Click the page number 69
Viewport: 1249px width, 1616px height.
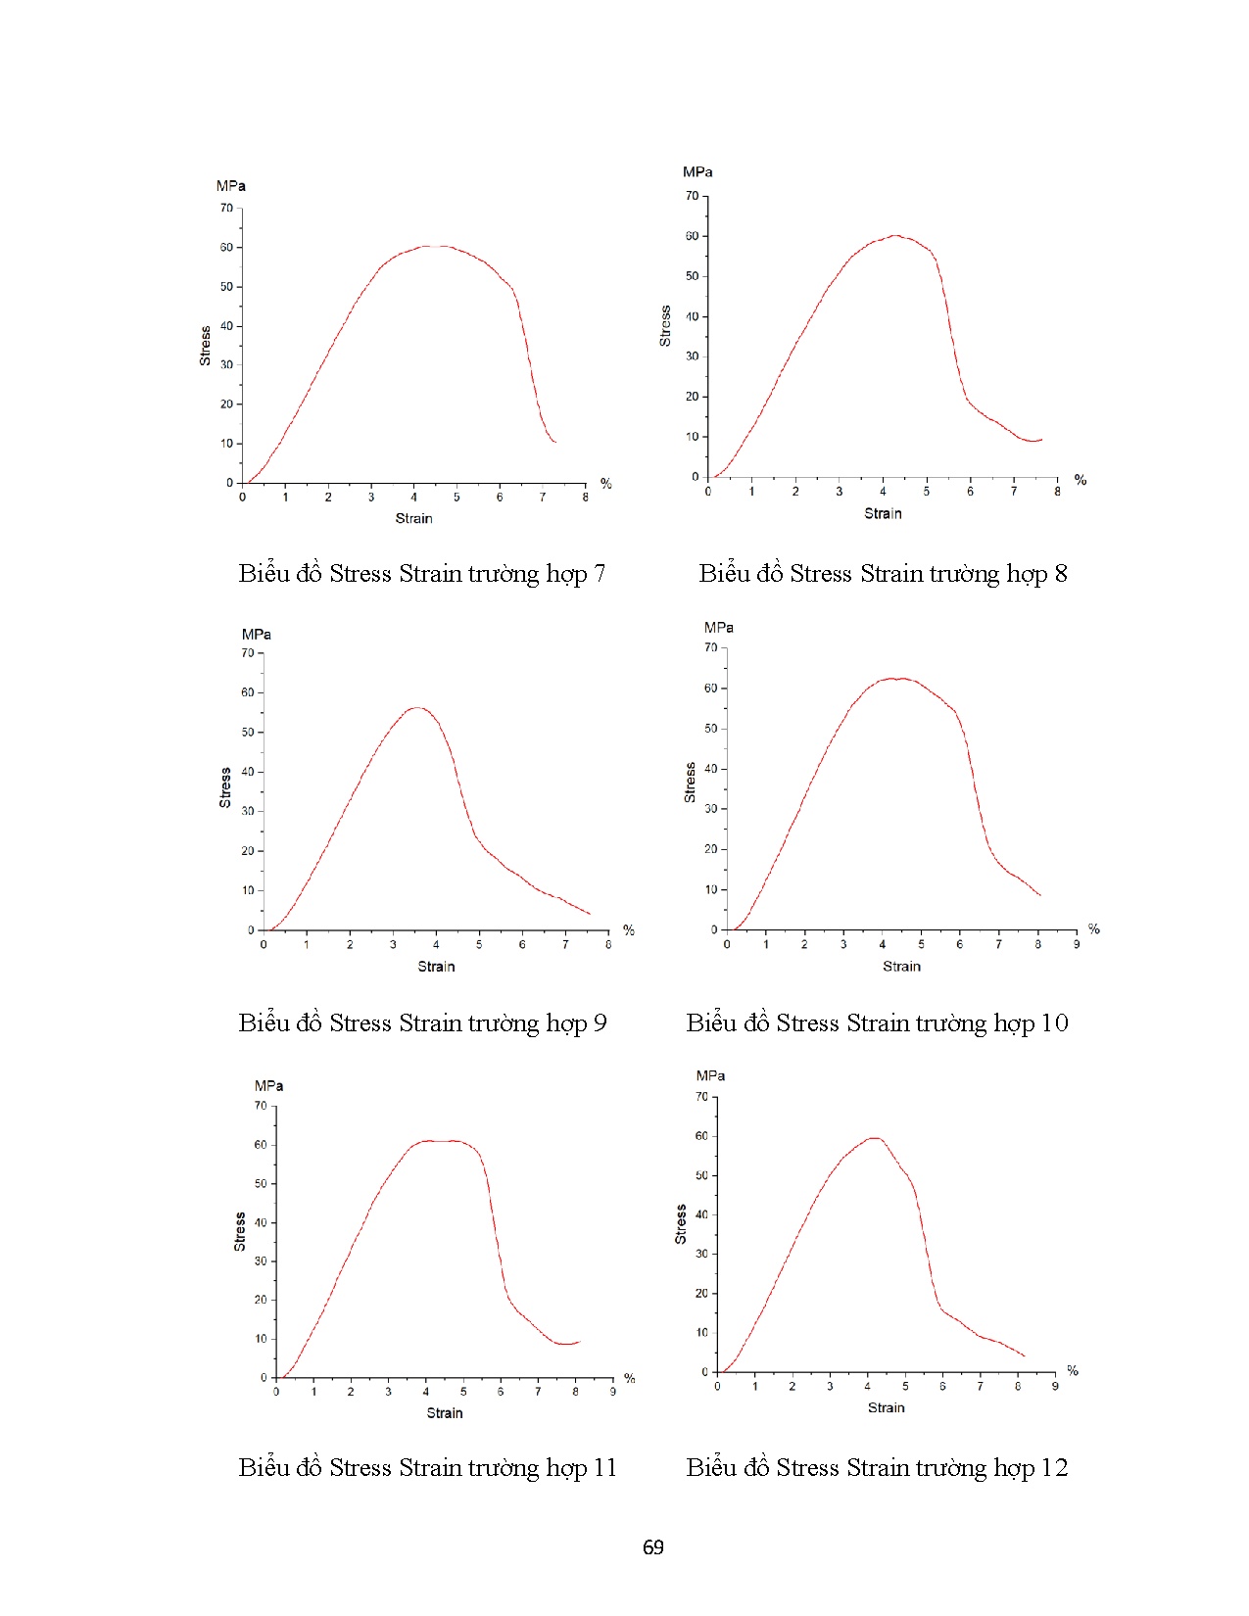(x=652, y=1547)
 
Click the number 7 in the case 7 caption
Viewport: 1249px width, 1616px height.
(x=599, y=574)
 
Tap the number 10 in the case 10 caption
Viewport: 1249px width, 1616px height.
(x=1053, y=1023)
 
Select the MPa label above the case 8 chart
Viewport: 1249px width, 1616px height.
(x=697, y=172)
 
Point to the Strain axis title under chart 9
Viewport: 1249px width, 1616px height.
(x=436, y=967)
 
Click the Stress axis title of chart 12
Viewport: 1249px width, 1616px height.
(x=681, y=1224)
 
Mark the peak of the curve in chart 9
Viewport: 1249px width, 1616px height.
(x=417, y=707)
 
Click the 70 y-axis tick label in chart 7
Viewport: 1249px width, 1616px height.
(x=226, y=209)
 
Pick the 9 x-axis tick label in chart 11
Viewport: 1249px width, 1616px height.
(x=613, y=1392)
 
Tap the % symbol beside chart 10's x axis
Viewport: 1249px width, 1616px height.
(x=1094, y=929)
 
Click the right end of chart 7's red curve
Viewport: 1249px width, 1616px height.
(x=555, y=443)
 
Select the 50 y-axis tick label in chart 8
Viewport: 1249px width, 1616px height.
(x=693, y=276)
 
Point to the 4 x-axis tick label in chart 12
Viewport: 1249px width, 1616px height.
(x=867, y=1387)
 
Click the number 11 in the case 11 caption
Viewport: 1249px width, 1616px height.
(x=603, y=1468)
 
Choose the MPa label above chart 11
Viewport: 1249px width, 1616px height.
(x=268, y=1086)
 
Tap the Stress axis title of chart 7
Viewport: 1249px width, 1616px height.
(x=205, y=346)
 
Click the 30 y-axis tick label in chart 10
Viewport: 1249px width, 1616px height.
(x=711, y=809)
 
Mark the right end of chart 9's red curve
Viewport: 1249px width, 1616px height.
(x=590, y=915)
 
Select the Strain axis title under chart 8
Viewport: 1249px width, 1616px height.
(x=883, y=513)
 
